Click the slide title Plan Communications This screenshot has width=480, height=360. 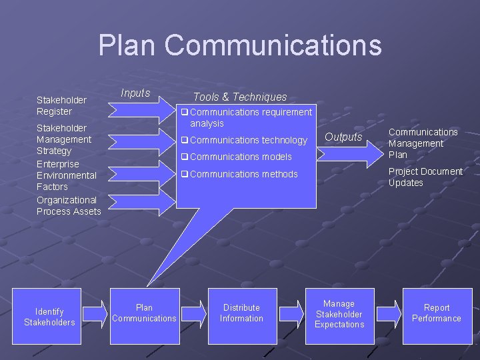coord(240,45)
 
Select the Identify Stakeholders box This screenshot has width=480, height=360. coord(49,317)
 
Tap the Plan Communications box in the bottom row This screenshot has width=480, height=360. coord(145,313)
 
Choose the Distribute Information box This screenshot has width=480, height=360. coord(242,313)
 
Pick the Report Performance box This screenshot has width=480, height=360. coord(437,313)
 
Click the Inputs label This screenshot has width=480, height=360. coord(135,93)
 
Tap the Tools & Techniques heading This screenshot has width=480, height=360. coord(240,97)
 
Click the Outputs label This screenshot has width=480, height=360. coord(343,137)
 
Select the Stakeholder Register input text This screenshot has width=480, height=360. coord(61,105)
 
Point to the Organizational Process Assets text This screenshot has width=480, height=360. coord(69,205)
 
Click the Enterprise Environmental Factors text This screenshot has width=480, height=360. coord(67,175)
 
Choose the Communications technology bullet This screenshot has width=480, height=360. coord(248,140)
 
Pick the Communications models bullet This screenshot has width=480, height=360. coord(241,157)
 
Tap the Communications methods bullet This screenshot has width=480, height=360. coord(243,174)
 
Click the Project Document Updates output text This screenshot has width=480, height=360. coord(425,177)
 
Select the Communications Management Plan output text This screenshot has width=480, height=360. coord(423,143)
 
